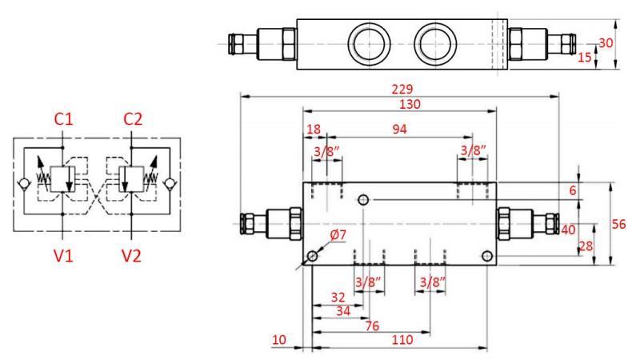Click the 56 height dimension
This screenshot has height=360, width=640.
[x=618, y=225]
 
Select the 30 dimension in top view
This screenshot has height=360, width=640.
[x=607, y=42]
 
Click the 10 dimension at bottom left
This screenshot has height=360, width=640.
[x=278, y=340]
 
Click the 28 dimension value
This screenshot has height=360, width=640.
[x=586, y=246]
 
